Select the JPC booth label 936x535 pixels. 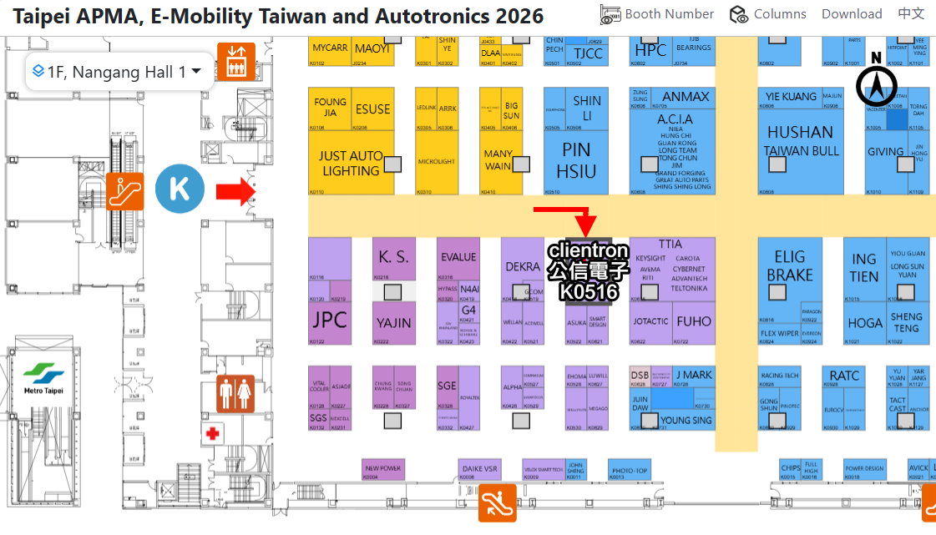pos(329,320)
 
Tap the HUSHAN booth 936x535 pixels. pos(800,133)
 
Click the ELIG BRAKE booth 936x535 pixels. pos(789,265)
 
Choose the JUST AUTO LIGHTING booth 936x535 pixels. pos(351,163)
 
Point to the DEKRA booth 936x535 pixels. pos(523,267)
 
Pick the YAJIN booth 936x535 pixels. pos(393,322)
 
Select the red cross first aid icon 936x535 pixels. pos(214,433)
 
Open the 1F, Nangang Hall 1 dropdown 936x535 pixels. pos(117,72)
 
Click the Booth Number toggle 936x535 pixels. pos(657,14)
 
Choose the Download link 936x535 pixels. pos(852,14)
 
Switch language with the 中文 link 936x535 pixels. pos(911,14)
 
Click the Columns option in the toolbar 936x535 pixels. pos(768,14)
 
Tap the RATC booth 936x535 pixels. pos(844,376)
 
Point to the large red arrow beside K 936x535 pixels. pos(235,191)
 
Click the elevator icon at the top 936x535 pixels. pos(235,60)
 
